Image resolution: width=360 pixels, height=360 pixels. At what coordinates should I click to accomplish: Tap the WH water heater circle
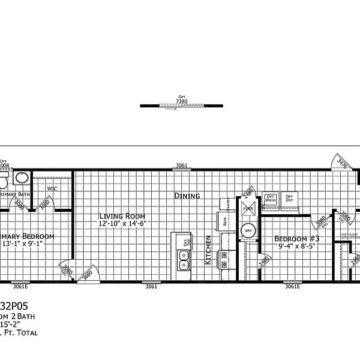pos(248,229)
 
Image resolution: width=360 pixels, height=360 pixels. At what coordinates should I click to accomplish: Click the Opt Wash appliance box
pos(271,200)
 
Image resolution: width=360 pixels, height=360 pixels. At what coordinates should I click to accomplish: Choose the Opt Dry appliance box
pos(289,200)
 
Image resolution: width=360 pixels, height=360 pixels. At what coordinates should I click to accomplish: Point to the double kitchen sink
pos(184,260)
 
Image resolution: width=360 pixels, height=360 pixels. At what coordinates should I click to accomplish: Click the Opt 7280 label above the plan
pos(181,98)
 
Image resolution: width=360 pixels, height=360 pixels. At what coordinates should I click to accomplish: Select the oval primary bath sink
pos(22,178)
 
